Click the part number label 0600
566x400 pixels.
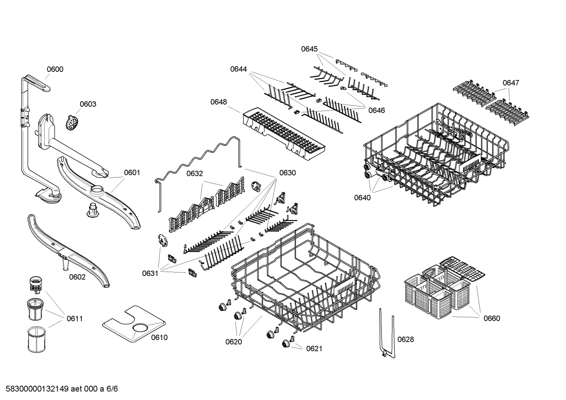(55, 69)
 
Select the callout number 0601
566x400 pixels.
(132, 172)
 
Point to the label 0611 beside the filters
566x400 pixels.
(75, 318)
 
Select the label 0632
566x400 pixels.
(194, 173)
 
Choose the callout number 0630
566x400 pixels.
(287, 173)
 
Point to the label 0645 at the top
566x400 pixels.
(309, 49)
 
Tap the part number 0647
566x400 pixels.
(511, 83)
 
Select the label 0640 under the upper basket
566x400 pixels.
(362, 197)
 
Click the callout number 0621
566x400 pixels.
(314, 348)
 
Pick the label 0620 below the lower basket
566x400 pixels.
(234, 342)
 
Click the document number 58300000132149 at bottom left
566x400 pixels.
(37, 389)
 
